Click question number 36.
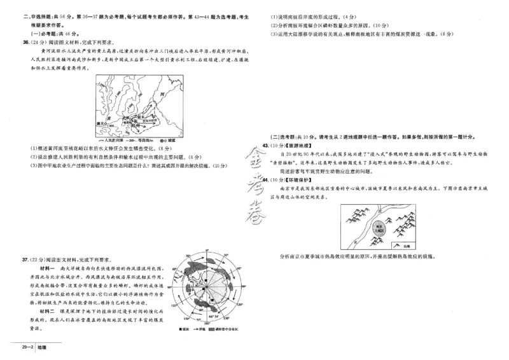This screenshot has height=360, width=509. [x=25, y=43]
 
